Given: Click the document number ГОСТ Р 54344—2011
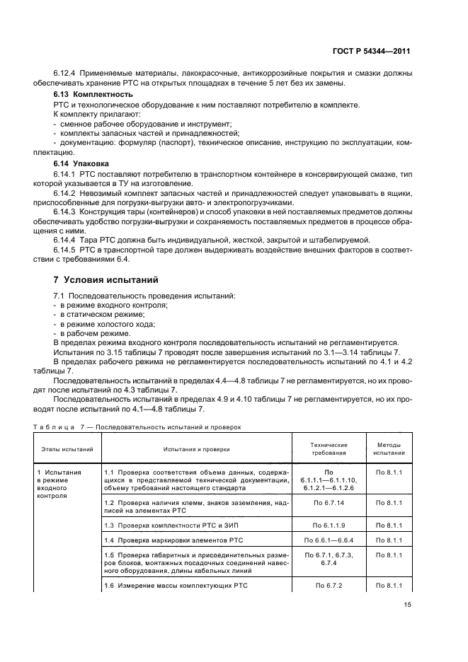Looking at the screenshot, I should pos(374,52).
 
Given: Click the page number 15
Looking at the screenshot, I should pos(406,604).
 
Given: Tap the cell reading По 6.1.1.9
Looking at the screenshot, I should pos(329,525).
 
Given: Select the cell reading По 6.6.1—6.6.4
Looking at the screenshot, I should pos(329,540).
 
